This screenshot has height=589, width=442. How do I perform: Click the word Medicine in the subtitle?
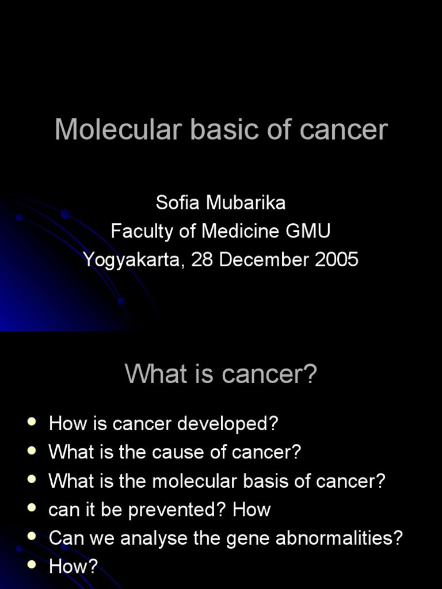[x=241, y=231]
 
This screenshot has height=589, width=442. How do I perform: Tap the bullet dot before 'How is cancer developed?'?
[x=32, y=423]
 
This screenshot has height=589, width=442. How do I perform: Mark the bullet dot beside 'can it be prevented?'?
[x=32, y=508]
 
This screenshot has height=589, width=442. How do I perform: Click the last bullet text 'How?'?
[x=74, y=567]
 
